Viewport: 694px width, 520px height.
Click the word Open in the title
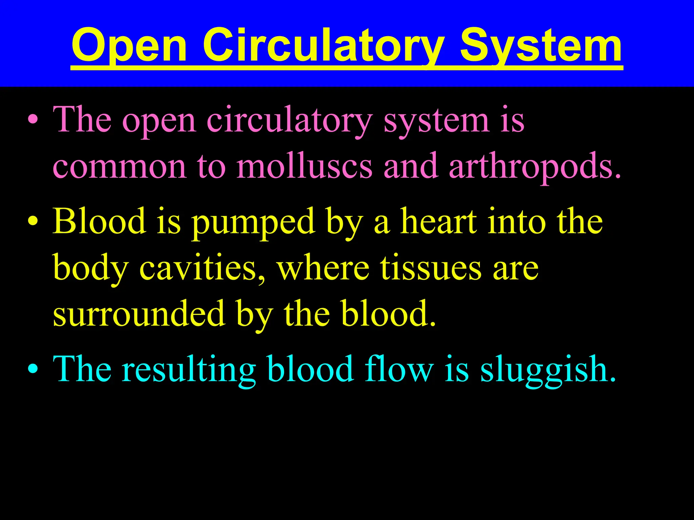(129, 46)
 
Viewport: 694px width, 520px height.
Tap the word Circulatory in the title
(324, 46)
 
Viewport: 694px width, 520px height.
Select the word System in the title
(541, 46)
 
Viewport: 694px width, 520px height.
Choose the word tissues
(430, 267)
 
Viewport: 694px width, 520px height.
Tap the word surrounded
(139, 313)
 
